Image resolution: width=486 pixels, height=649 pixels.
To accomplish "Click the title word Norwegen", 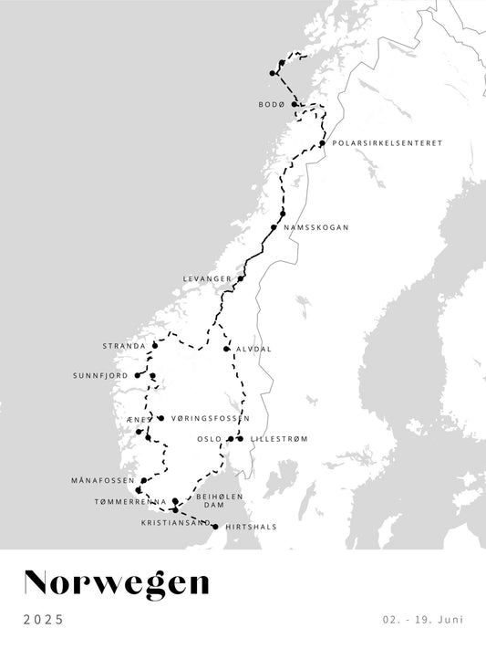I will [x=116, y=584].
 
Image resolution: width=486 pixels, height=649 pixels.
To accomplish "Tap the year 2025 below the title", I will [x=44, y=620].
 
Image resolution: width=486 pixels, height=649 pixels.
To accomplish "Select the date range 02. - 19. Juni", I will [x=422, y=620].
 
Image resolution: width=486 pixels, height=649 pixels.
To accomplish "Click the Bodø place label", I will [x=272, y=105].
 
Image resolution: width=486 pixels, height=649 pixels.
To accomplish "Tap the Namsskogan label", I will [x=316, y=227].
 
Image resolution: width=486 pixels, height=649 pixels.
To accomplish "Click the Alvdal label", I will [x=253, y=349].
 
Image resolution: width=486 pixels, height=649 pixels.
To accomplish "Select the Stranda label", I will [x=124, y=347].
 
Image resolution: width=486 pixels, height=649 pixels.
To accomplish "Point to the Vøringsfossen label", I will [x=211, y=418].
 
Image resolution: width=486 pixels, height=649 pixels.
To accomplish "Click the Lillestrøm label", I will [x=279, y=439].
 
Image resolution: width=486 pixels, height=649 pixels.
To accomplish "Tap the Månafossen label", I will [x=102, y=480].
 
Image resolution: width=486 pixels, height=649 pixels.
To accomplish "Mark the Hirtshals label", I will [x=251, y=527].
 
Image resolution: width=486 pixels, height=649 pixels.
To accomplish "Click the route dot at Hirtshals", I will [x=215, y=527].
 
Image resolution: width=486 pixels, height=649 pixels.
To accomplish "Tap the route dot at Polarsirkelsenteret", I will [x=322, y=143].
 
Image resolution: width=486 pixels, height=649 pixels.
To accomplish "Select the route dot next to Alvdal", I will [x=226, y=349].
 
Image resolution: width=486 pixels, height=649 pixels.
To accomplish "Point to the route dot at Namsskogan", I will [x=274, y=227].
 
